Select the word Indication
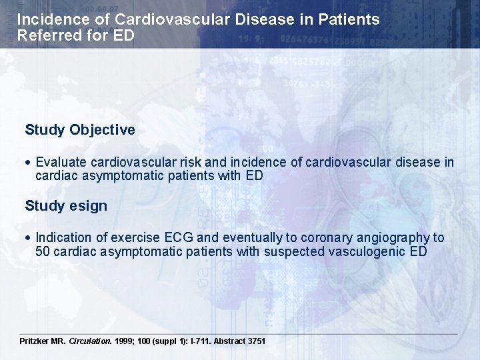point(63,238)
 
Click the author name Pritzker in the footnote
point(35,341)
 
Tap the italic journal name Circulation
point(91,341)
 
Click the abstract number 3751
point(257,341)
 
